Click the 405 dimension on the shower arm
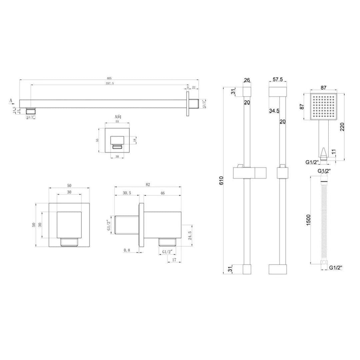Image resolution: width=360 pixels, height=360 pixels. coord(109,78)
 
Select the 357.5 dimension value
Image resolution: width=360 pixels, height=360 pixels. coord(109,83)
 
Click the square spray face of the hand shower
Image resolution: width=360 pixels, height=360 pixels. coord(323,107)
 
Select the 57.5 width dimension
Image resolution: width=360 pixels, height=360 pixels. coord(277,80)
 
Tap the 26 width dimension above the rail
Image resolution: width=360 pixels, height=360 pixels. coord(247,80)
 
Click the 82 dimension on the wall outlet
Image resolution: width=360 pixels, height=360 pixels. coord(148,184)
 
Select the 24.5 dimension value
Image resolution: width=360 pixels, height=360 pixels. coord(189,235)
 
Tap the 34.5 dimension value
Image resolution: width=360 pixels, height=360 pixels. coord(274,111)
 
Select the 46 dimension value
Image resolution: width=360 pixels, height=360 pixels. coord(163,193)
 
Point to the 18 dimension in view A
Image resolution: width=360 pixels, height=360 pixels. coord(134,140)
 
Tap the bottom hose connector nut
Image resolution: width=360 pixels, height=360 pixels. coord(323,264)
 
